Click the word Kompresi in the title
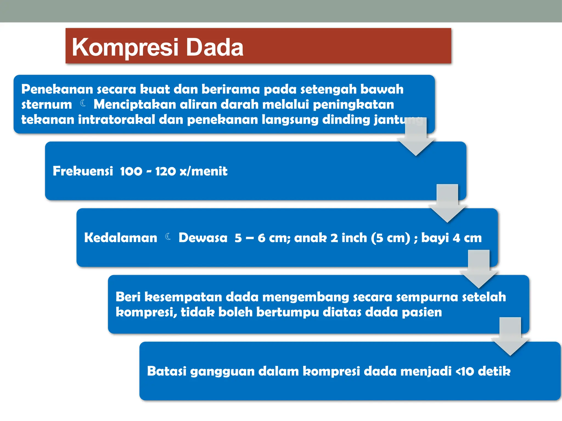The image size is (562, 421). [x=125, y=47]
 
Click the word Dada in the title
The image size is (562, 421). [x=215, y=47]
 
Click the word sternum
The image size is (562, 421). [x=47, y=105]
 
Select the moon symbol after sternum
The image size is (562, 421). [x=83, y=103]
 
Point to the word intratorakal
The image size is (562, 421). [x=117, y=120]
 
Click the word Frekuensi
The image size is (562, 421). [x=83, y=171]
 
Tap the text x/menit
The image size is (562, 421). [x=203, y=171]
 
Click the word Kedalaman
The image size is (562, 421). [x=121, y=238]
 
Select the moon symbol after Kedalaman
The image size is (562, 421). [x=168, y=237]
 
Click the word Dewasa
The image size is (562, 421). [x=203, y=238]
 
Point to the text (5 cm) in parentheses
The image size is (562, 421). [x=390, y=238]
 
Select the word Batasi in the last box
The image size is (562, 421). [x=167, y=371]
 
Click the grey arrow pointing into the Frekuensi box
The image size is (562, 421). [x=416, y=138]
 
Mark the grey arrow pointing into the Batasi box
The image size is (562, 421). [x=510, y=338]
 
